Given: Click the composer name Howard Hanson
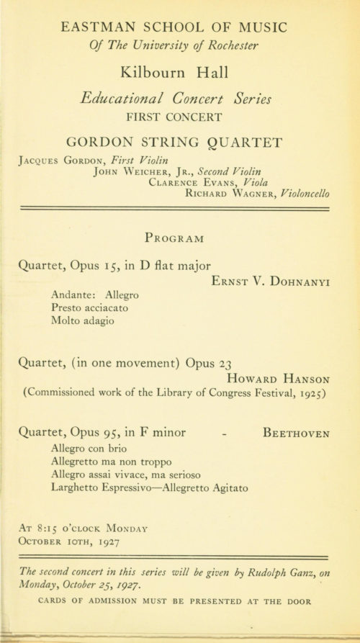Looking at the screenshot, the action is [x=278, y=378].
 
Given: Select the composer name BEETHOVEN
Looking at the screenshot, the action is [x=297, y=433].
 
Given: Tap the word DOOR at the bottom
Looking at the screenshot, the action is [x=312, y=598].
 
